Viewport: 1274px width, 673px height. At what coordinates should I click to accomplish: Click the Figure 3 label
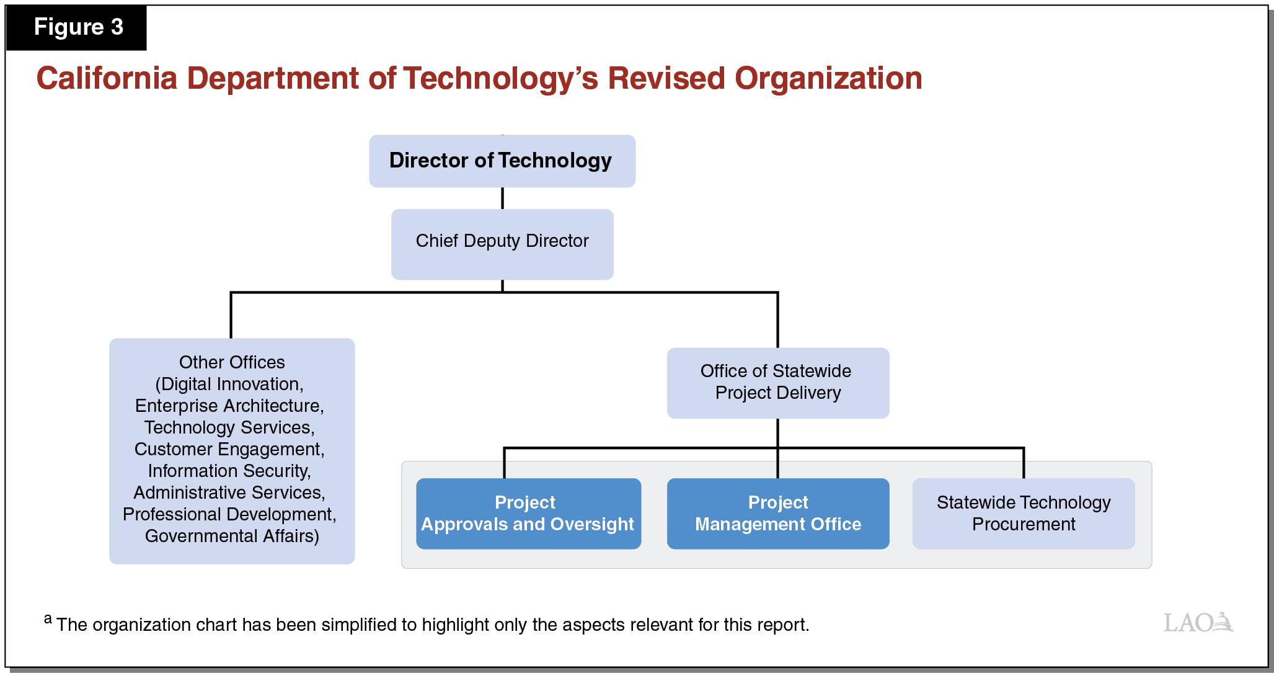tap(78, 27)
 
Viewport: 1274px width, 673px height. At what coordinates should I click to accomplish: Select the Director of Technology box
tap(502, 161)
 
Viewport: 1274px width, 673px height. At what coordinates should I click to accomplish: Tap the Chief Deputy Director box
tap(502, 243)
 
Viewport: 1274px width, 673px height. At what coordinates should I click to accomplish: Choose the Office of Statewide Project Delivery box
tap(777, 382)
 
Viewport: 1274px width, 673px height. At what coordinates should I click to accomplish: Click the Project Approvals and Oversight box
tap(528, 513)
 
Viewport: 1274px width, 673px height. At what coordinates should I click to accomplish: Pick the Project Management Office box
tap(777, 513)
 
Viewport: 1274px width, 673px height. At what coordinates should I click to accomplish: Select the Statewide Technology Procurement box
tap(1023, 513)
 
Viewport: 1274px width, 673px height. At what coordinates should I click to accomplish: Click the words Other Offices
tap(232, 362)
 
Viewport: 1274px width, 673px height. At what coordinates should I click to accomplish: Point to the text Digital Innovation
tap(231, 384)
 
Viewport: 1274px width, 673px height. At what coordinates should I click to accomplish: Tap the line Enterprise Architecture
tap(229, 406)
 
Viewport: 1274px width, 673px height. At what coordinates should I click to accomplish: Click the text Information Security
tap(229, 471)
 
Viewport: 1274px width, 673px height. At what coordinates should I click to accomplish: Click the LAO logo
tap(1198, 622)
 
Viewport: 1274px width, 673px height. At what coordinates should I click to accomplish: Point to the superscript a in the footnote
tap(48, 618)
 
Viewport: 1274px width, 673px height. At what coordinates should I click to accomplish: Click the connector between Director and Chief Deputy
tap(502, 198)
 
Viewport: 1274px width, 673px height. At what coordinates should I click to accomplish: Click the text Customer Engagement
tap(229, 449)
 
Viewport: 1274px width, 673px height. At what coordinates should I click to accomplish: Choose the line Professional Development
tap(229, 514)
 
